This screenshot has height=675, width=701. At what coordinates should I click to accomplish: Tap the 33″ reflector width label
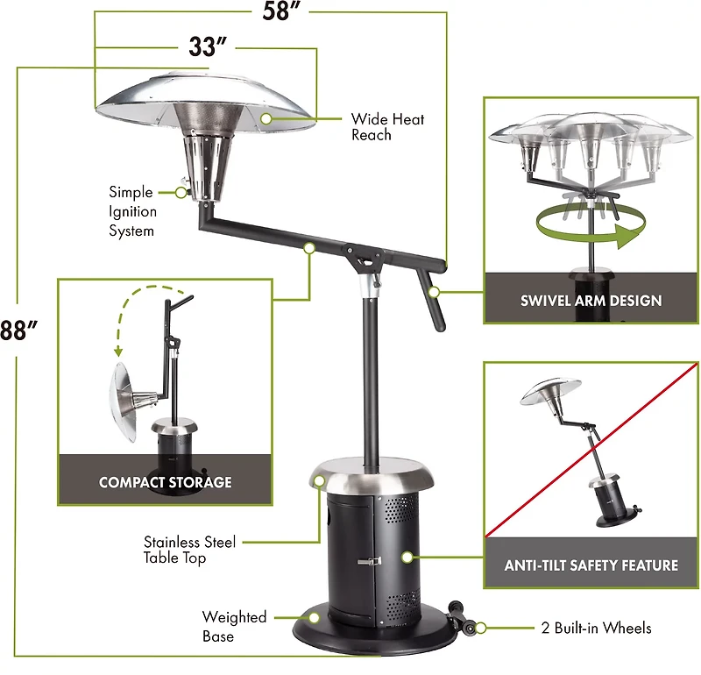[208, 47]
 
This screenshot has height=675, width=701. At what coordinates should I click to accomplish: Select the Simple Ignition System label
[132, 211]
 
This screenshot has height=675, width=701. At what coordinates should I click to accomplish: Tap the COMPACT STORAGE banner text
[165, 482]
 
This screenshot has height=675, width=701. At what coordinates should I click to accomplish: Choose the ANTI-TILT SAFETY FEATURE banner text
[591, 565]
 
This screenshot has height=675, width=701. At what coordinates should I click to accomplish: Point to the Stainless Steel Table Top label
[189, 550]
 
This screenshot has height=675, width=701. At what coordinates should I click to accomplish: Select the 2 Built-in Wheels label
[596, 629]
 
